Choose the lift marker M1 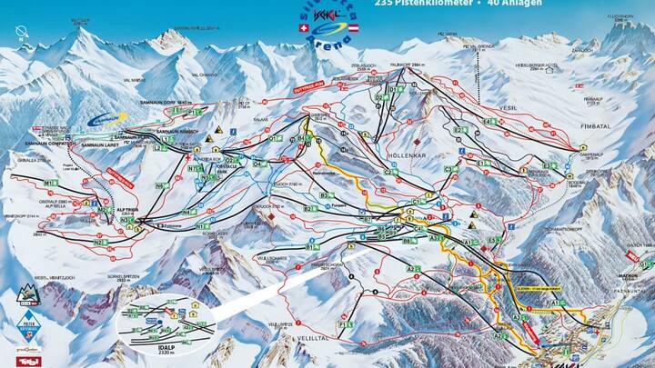tap(49, 183)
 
